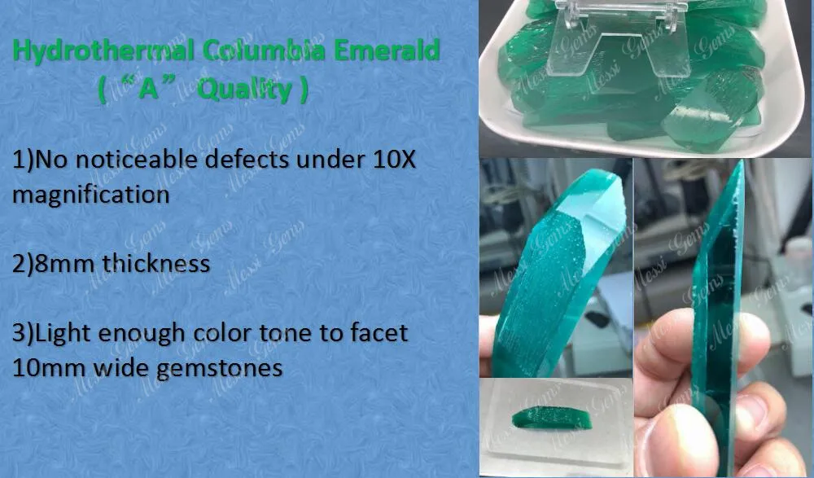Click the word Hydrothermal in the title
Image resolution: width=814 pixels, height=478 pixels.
[103, 51]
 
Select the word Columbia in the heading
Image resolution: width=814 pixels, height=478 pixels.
[265, 50]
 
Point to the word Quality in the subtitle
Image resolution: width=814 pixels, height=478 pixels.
[244, 90]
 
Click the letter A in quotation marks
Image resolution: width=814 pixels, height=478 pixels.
[148, 90]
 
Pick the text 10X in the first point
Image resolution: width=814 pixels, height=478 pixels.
[395, 160]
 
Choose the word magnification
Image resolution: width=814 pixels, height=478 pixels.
[91, 195]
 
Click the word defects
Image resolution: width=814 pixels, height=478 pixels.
[247, 159]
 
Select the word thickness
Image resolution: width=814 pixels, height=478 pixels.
[156, 263]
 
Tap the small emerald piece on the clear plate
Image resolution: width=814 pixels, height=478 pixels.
[552, 417]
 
